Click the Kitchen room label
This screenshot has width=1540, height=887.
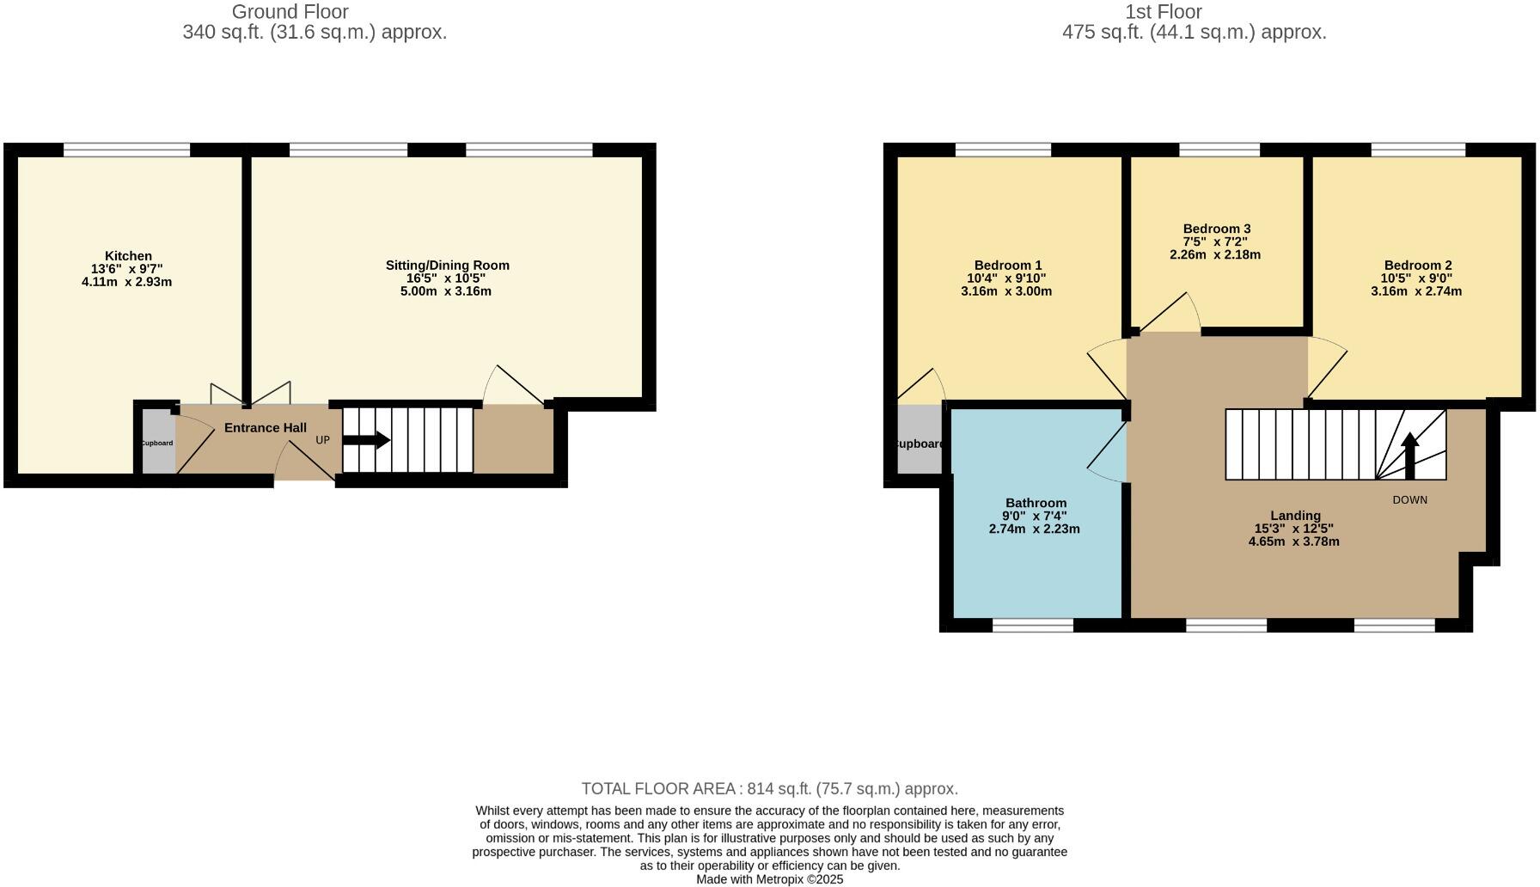point(128,256)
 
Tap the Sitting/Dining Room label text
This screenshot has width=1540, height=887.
point(447,266)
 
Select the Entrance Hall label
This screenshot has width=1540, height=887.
point(265,428)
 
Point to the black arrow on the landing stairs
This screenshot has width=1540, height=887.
point(1409,456)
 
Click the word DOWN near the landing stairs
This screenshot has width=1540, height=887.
point(1409,500)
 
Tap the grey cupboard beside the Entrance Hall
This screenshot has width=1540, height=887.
point(158,443)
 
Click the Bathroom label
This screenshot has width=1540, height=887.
point(1036,503)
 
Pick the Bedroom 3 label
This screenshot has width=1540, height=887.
point(1216,229)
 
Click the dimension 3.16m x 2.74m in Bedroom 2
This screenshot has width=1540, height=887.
point(1415,291)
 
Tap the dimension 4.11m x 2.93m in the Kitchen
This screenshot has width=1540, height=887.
point(126,282)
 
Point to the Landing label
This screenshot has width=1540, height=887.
point(1294,516)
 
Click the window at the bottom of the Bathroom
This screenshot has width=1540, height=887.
point(1032,626)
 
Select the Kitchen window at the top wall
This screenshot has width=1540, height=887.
point(126,150)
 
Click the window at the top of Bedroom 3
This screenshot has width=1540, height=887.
point(1219,150)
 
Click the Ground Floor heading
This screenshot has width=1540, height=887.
point(290,12)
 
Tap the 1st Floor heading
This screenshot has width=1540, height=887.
point(1163,12)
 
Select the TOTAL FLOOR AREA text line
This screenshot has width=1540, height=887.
point(769,789)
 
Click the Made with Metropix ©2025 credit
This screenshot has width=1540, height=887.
point(769,880)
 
